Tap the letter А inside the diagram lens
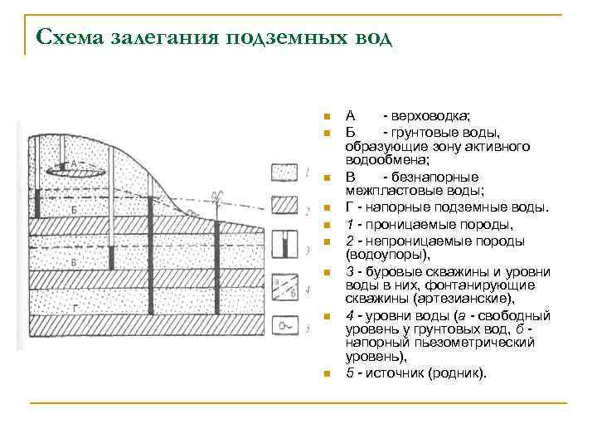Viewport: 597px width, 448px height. pos(73,164)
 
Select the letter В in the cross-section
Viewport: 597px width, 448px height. pos(74,262)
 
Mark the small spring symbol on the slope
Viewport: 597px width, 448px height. pos(192,214)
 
